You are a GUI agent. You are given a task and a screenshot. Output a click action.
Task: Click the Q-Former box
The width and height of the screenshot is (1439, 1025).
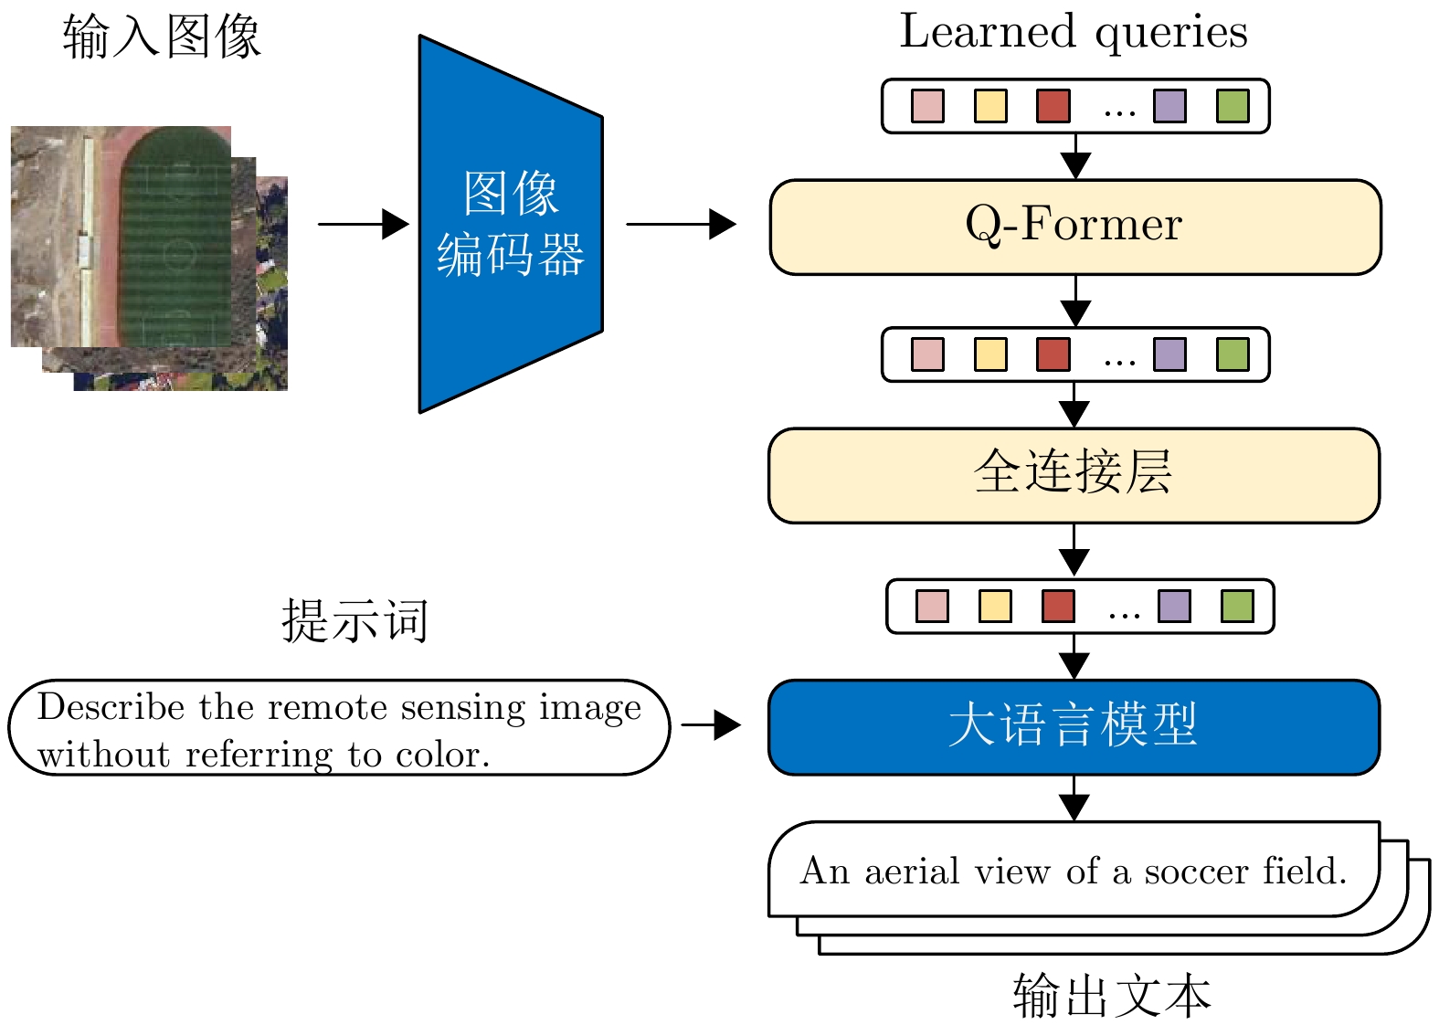tap(1074, 227)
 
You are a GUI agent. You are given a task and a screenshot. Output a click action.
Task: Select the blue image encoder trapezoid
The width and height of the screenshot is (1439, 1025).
tap(510, 224)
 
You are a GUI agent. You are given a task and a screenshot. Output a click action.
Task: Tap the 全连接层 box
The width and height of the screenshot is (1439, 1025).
tap(1074, 475)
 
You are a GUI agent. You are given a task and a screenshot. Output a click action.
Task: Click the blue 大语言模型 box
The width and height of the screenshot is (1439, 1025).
tap(1074, 727)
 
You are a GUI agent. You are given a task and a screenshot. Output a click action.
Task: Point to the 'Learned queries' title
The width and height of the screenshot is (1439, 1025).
tap(1074, 32)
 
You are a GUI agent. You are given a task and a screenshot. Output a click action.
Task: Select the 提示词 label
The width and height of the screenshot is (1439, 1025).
tap(354, 621)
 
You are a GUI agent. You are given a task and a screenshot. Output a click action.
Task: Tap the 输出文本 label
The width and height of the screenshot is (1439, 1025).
tap(1111, 996)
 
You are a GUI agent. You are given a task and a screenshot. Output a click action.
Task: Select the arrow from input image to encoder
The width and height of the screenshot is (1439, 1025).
tap(363, 224)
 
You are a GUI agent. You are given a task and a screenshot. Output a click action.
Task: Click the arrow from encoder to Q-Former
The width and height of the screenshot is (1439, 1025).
tap(681, 224)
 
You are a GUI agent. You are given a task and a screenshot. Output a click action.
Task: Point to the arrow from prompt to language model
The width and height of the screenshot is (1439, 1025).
tap(711, 725)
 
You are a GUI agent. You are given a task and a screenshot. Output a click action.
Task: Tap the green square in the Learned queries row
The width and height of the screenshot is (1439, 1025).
tap(1233, 106)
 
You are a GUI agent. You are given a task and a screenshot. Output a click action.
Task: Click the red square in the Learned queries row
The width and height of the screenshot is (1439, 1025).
tap(1053, 106)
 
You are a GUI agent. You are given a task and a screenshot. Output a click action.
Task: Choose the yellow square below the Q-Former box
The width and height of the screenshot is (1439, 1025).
tap(990, 354)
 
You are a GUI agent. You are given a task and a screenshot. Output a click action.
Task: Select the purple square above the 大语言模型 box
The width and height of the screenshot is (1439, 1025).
tap(1174, 606)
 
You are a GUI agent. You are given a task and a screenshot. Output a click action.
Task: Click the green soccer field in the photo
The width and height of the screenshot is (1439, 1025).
tap(175, 238)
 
